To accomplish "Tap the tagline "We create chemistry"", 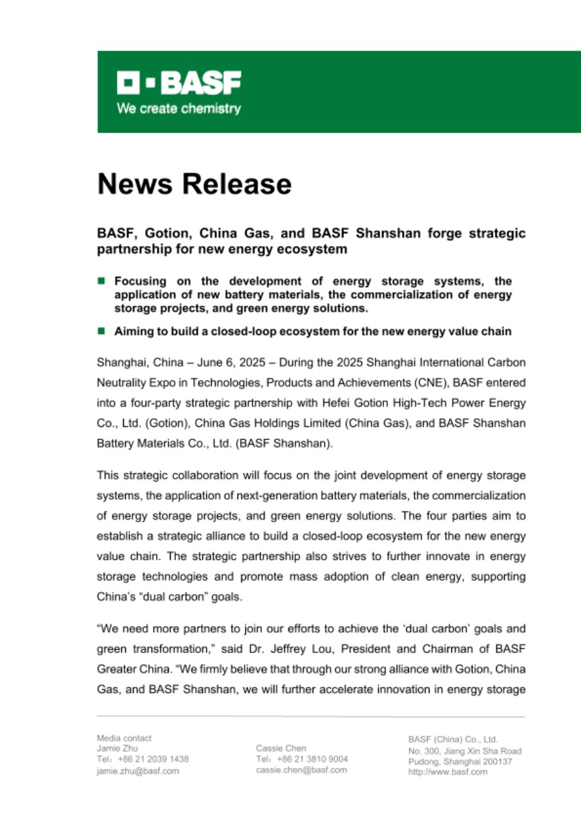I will click(178, 109).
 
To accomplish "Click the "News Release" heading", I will click(194, 184).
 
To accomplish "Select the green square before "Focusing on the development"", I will click(101, 281).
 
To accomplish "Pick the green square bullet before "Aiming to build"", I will click(101, 331).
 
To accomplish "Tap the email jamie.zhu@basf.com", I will click(137, 771).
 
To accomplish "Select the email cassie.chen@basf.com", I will click(301, 769).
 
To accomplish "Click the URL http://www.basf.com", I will click(447, 772).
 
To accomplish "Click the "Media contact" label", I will click(124, 738).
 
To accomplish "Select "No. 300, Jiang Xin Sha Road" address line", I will click(465, 751).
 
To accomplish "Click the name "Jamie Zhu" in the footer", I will click(117, 748).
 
